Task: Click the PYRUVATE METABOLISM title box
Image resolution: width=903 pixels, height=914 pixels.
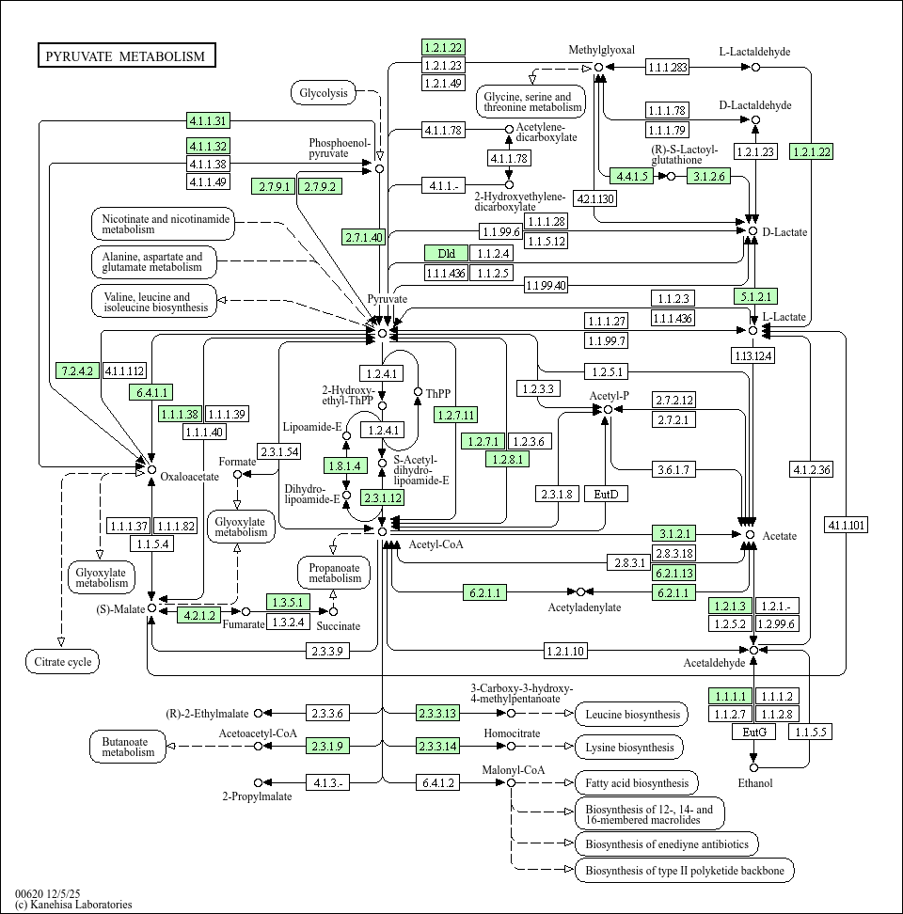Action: [x=126, y=56]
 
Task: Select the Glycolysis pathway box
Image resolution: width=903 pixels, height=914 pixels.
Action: [x=324, y=92]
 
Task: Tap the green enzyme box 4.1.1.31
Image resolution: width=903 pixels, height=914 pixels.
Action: [x=208, y=120]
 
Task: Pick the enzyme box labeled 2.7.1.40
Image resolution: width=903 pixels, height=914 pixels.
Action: [x=363, y=237]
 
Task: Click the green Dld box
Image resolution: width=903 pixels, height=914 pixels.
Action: [x=446, y=254]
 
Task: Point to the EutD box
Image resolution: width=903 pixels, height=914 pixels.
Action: [x=606, y=494]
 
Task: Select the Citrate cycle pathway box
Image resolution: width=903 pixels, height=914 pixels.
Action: [x=62, y=662]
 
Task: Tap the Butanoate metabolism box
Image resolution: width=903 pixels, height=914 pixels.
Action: [x=128, y=747]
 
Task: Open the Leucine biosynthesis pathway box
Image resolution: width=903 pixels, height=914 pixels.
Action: [x=632, y=715]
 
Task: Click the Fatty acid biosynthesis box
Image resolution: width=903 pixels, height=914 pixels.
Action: [x=637, y=782]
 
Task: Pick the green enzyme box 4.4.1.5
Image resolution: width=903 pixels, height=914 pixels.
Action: [x=630, y=176]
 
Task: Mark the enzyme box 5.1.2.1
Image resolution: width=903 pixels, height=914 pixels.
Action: [x=754, y=296]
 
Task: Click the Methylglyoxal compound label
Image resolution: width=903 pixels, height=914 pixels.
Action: [x=602, y=50]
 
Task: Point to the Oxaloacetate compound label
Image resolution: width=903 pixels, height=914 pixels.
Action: [x=189, y=476]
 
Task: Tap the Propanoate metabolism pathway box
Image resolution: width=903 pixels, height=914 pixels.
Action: [x=334, y=572]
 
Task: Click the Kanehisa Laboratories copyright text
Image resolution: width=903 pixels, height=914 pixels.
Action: [x=73, y=905]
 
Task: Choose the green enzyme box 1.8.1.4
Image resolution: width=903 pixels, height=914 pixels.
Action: [x=344, y=465]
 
